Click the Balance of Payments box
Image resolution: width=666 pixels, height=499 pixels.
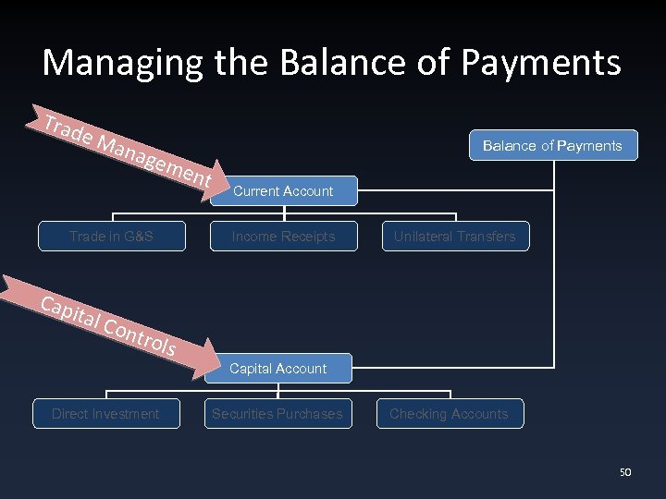pos(553,145)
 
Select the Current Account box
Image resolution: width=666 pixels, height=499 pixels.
pos(283,191)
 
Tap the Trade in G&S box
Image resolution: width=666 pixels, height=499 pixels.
pos(111,237)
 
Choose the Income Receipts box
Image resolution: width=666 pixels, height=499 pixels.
pos(283,237)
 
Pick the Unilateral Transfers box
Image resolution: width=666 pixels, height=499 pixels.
pos(454,237)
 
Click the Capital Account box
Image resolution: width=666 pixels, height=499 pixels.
pos(277,369)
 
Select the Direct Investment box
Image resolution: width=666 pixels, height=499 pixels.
pos(105,414)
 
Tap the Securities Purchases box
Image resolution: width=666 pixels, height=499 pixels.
pos(277,414)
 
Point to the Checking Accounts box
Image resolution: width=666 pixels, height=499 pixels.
pos(449,414)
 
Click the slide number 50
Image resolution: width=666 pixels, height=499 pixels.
pos(624,472)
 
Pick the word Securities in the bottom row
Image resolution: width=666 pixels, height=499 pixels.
pos(242,414)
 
